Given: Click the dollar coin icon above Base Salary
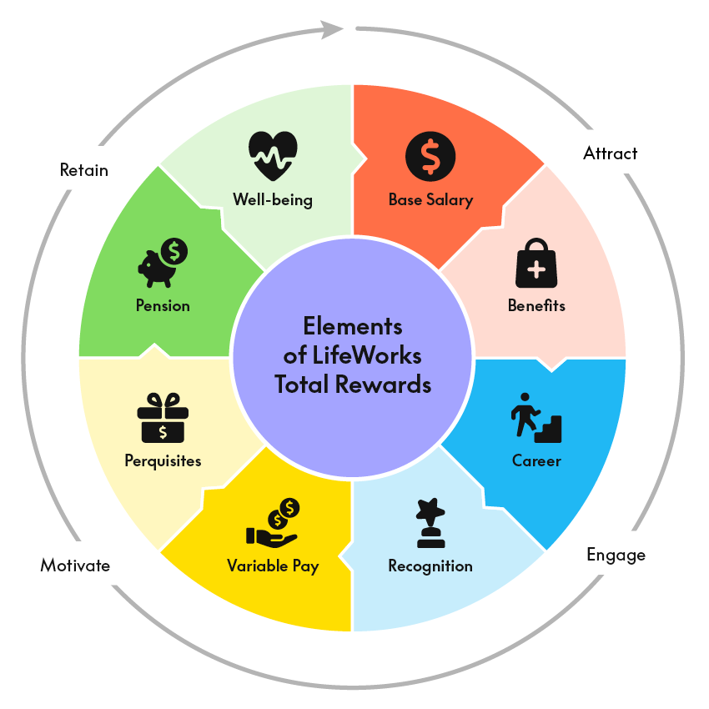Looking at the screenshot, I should (430, 154).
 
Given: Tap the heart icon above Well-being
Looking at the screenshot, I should (273, 155).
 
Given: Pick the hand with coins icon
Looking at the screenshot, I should (274, 522).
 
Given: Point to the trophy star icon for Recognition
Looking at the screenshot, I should (430, 523).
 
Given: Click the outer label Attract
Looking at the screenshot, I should (610, 153).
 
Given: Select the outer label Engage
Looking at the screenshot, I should (616, 555).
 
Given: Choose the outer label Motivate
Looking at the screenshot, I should (75, 566).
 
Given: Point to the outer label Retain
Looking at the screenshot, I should (84, 170).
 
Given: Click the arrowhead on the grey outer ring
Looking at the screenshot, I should (335, 30).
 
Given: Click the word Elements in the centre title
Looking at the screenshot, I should (352, 326).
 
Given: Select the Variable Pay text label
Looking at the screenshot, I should (273, 566).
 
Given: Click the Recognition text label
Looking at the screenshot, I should (430, 566).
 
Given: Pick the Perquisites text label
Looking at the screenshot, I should (163, 460).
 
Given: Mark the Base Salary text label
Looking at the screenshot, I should (430, 200).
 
